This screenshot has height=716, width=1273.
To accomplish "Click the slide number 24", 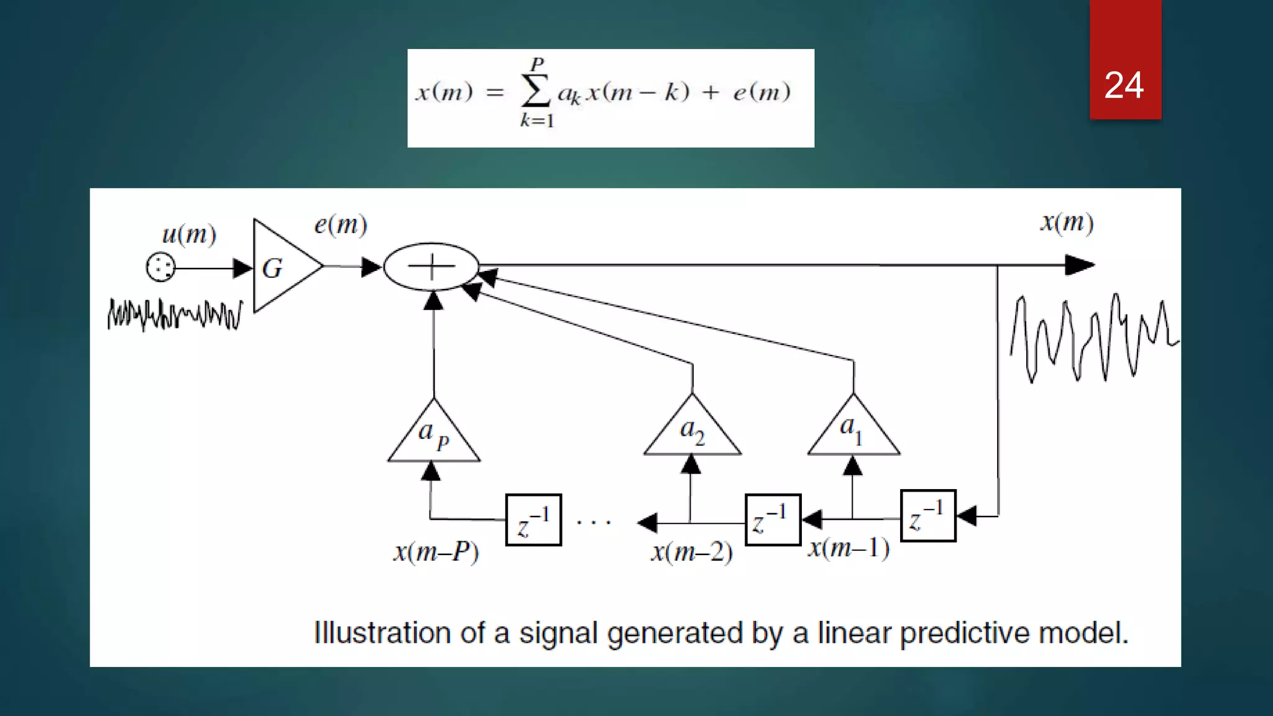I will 1124,85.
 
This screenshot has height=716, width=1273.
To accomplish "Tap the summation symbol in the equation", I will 536,91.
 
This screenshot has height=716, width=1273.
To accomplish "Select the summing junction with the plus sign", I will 431,267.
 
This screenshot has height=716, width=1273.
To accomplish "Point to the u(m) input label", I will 189,234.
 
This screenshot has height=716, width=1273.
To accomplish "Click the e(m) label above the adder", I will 341,224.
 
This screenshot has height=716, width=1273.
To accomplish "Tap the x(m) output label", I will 1067,222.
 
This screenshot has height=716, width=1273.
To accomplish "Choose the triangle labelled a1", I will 853,429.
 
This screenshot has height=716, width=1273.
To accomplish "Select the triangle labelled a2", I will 692,429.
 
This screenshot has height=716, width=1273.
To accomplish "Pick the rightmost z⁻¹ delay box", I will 928,516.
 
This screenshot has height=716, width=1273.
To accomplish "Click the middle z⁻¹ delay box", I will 773,520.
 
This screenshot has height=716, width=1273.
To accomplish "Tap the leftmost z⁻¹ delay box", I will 533,520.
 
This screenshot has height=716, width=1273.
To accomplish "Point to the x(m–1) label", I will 848,548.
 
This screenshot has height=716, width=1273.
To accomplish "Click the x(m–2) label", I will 692,552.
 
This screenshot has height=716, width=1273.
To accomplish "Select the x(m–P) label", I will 436,552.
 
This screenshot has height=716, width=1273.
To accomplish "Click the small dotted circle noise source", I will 160,268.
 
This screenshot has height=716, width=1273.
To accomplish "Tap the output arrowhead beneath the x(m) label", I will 1080,265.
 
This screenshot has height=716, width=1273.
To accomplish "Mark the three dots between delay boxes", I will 594,522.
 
